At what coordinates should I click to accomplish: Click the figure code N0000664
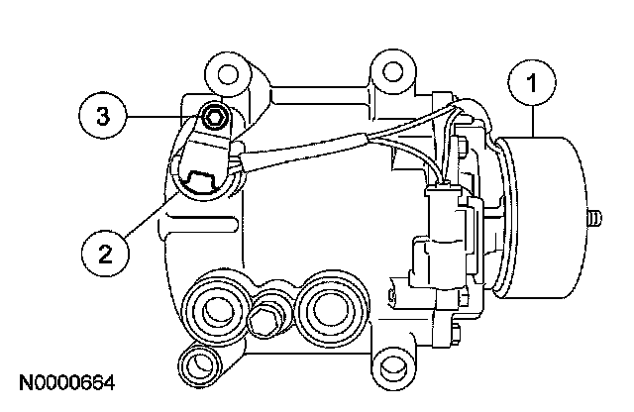65,381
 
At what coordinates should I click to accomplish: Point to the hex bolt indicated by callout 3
215,119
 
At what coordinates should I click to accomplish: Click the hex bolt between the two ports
264,319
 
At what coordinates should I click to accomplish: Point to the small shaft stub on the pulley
593,217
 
